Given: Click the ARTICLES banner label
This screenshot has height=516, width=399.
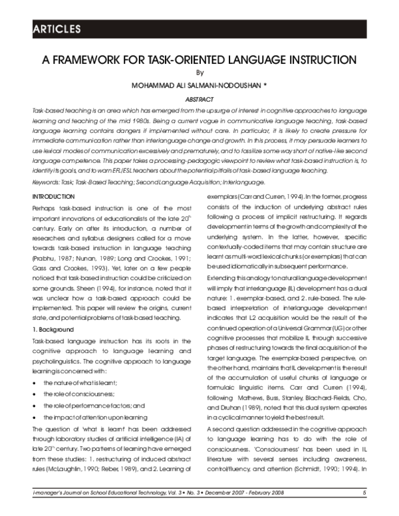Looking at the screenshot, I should [57, 29].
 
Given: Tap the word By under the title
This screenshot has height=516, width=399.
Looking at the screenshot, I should [198, 73].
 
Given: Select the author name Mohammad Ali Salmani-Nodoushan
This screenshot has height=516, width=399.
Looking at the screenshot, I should [194, 86].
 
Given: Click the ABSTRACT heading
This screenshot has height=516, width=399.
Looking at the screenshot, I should [198, 98].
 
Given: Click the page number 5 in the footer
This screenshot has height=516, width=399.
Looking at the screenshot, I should [364, 493].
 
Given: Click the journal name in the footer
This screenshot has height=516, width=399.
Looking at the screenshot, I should [93, 493].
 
